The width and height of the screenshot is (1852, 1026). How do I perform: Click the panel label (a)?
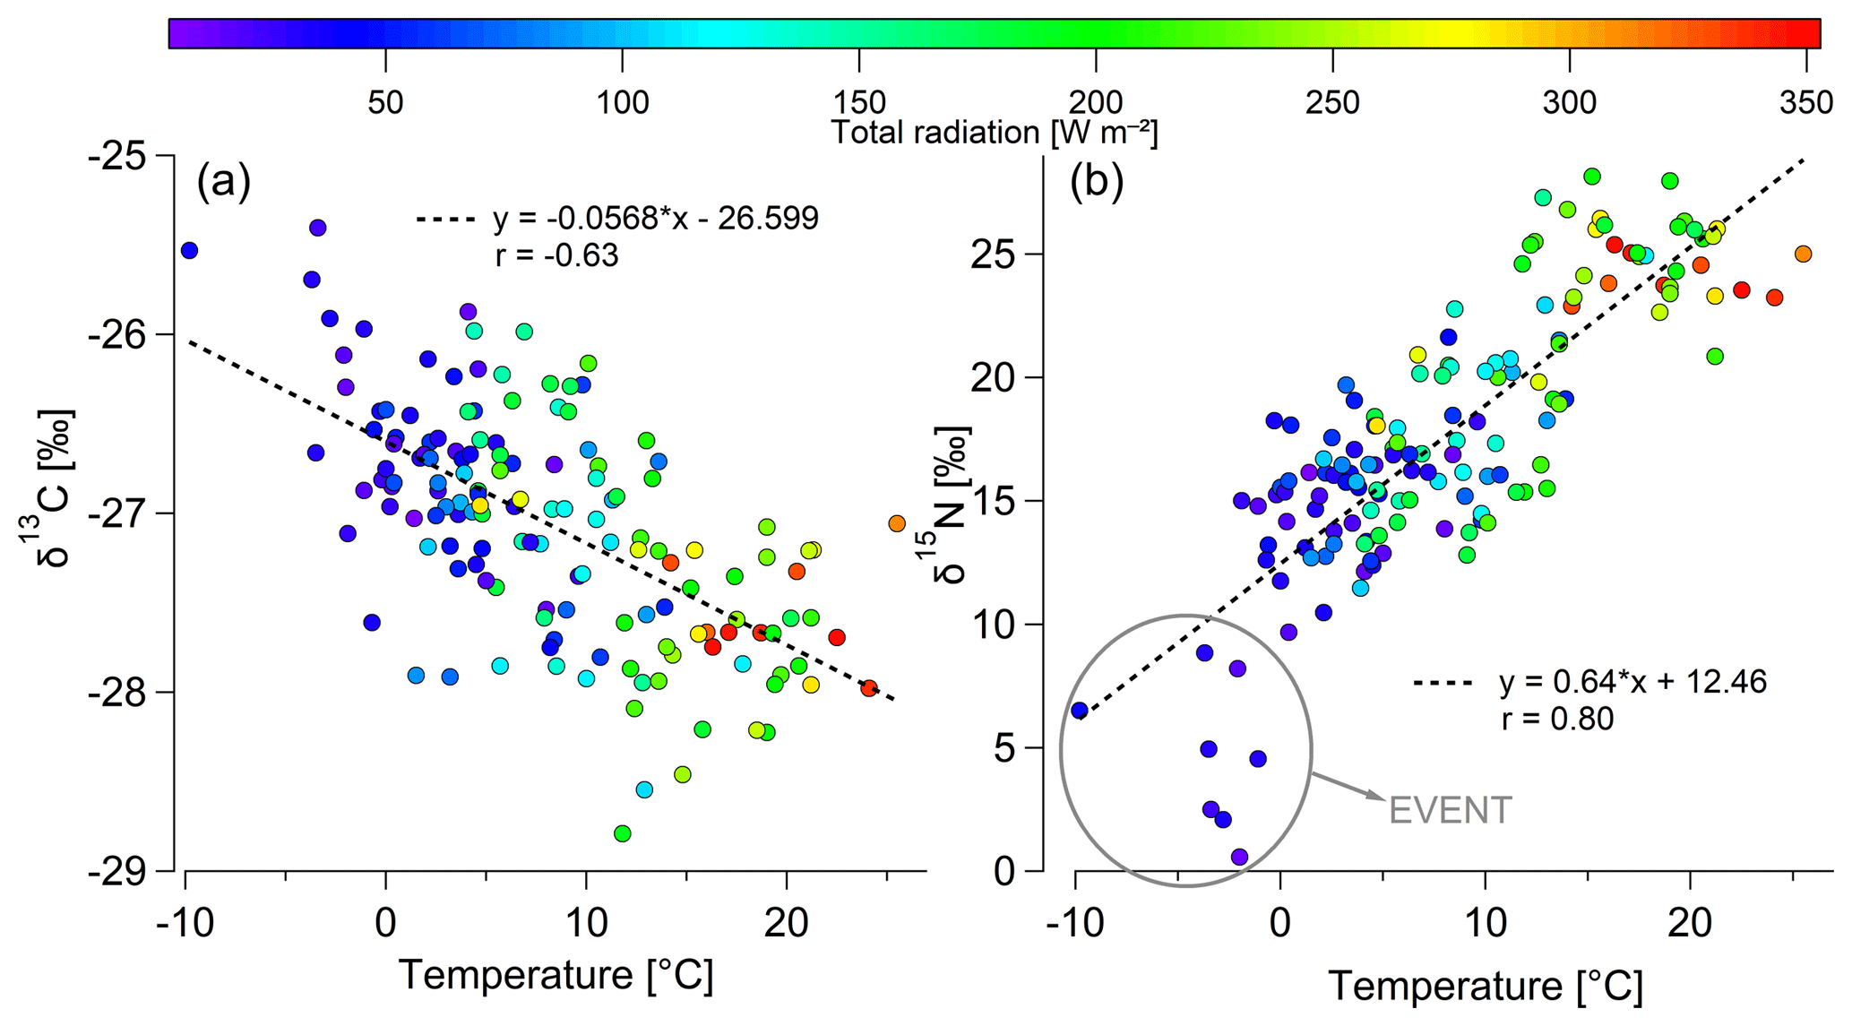tap(223, 182)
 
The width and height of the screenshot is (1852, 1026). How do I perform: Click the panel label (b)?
tap(1097, 182)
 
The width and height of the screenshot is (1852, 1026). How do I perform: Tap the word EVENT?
tap(1450, 811)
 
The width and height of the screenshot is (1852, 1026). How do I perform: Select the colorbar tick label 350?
tap(1807, 103)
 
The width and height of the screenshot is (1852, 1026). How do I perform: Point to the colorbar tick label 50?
tap(385, 103)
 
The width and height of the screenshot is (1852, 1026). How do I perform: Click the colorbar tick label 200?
tap(1096, 103)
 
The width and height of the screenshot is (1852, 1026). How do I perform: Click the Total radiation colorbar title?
tap(995, 133)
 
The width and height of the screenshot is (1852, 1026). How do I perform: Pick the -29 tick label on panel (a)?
tap(126, 870)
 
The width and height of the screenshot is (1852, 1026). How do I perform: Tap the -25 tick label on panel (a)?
tap(126, 156)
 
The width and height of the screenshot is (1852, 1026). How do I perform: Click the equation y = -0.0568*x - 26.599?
tap(655, 218)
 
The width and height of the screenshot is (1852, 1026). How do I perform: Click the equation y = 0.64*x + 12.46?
tap(1632, 683)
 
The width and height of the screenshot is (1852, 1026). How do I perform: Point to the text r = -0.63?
tap(556, 256)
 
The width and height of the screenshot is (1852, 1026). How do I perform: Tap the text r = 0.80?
tap(1557, 719)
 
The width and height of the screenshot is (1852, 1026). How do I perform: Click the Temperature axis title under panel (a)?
tap(556, 975)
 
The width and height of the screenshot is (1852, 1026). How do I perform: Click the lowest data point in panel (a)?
tap(622, 833)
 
